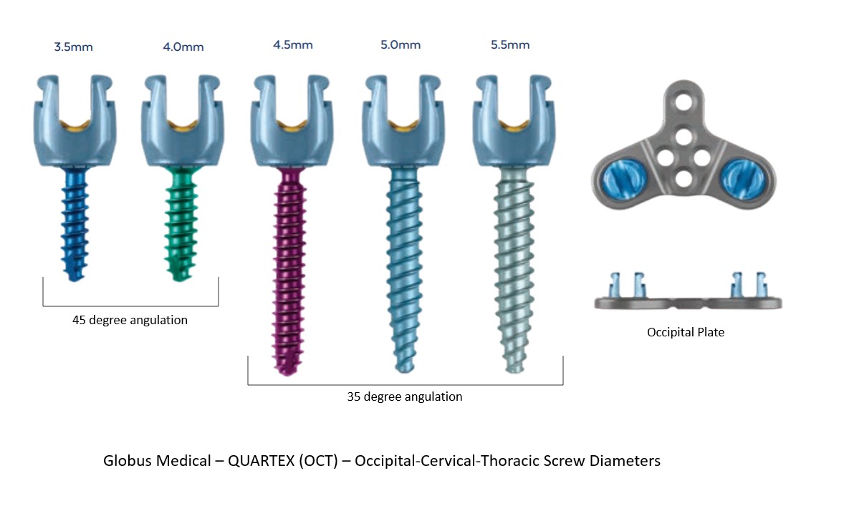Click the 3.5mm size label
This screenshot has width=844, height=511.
[x=73, y=47]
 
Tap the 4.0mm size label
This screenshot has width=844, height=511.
[x=183, y=47]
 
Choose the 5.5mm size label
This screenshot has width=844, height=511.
[x=509, y=45]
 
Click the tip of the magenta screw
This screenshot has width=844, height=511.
[x=291, y=368]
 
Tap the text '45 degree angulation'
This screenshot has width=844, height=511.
[x=130, y=321]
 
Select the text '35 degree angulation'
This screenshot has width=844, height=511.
[x=405, y=396]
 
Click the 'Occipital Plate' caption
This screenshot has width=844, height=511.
[x=686, y=332]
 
